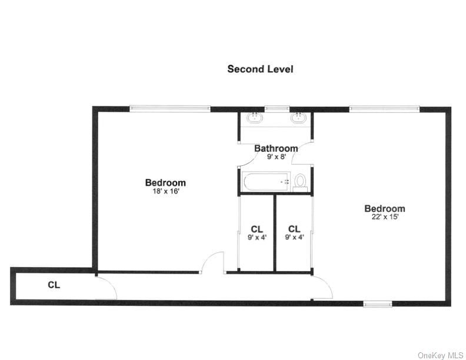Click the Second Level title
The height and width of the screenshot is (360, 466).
click(260, 69)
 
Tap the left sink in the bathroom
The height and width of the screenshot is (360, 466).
click(255, 118)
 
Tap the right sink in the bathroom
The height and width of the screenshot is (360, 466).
click(298, 118)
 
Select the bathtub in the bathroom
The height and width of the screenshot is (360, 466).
click(267, 181)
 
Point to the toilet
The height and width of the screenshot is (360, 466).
click(301, 181)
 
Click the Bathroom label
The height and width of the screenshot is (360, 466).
click(275, 148)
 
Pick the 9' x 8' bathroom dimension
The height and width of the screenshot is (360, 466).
click(275, 157)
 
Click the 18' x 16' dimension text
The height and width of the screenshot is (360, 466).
click(165, 191)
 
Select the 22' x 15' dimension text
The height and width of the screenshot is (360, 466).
click(384, 217)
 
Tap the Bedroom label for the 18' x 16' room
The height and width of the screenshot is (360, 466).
click(165, 182)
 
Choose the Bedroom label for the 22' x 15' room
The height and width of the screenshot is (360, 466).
click(384, 208)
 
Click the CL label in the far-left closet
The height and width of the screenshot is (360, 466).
click(54, 285)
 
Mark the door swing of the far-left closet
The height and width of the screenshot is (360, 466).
click(106, 288)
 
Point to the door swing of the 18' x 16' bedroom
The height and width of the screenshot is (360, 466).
click(214, 262)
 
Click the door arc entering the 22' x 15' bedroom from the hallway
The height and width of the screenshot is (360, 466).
click(322, 287)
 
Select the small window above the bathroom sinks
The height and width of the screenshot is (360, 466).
click(277, 109)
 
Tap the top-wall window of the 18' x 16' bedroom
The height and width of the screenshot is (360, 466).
click(169, 108)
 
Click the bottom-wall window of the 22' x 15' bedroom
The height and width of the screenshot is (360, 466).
click(377, 304)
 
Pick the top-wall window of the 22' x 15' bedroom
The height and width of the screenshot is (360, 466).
click(384, 109)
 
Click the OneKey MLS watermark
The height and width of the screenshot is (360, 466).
click(440, 355)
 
